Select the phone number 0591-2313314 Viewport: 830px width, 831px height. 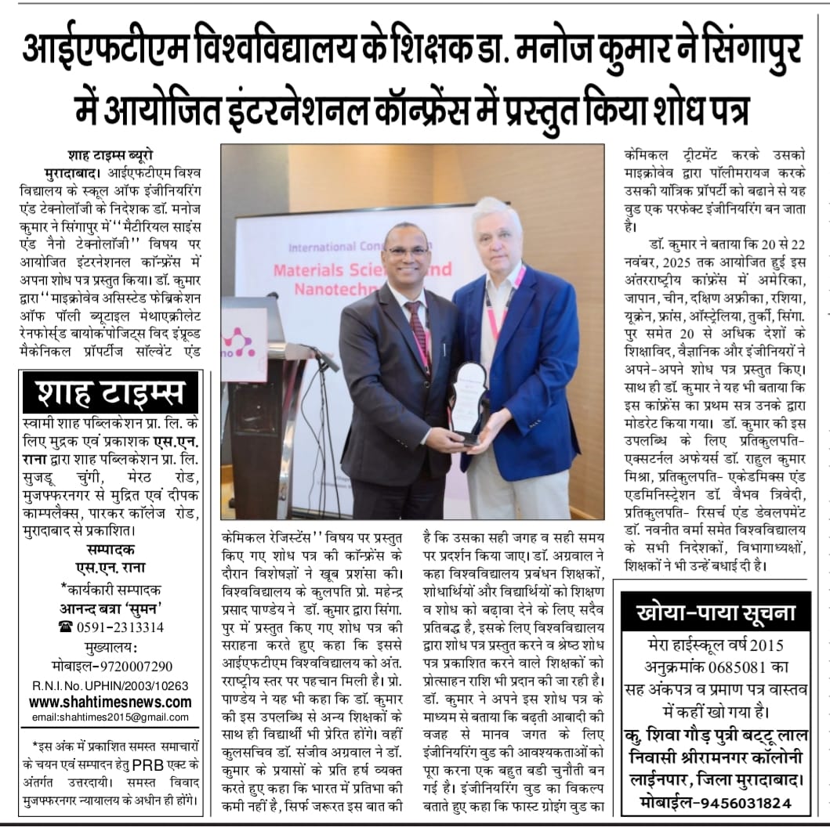111,627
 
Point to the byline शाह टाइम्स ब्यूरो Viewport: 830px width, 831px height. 109,154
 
